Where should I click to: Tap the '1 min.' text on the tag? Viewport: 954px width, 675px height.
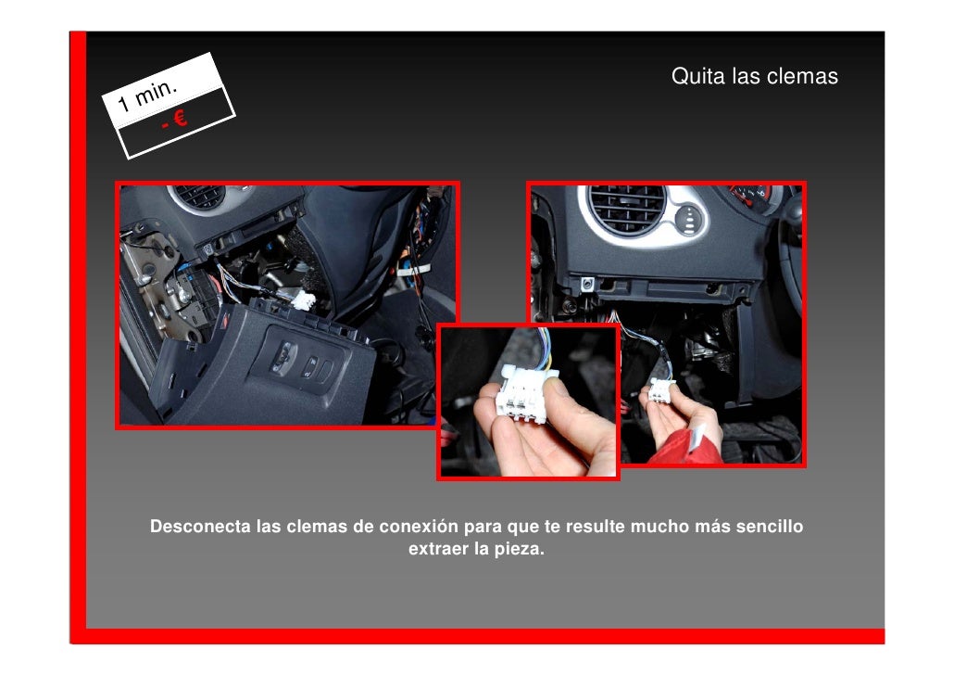click(148, 95)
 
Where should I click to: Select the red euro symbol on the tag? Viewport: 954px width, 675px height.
click(179, 117)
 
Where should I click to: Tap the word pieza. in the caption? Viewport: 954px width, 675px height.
click(519, 550)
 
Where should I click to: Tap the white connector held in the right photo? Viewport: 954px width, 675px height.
click(660, 390)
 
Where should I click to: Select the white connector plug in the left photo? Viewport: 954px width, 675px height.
click(303, 300)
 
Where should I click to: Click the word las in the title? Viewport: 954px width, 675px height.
click(746, 76)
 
